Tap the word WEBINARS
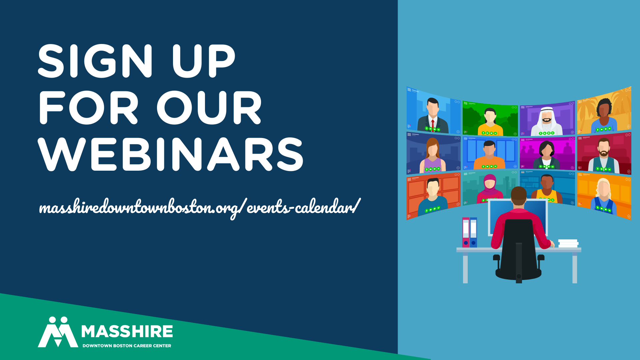point(170,154)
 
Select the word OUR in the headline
point(209,107)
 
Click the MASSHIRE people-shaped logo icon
point(58,332)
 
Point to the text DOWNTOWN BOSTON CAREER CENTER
point(127,346)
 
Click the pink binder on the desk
point(466,232)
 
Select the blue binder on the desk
point(473,232)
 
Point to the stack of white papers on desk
point(568,243)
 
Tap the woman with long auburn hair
point(433,155)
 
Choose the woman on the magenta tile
point(547,155)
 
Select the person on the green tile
point(490,122)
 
